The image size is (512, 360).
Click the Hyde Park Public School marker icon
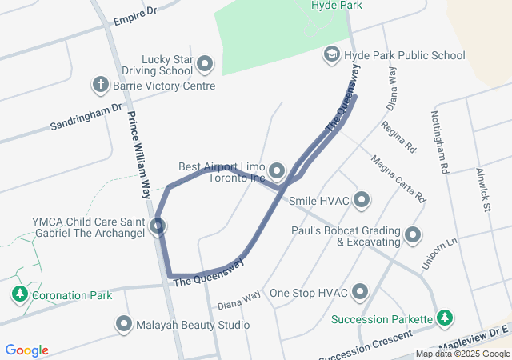click(x=330, y=55)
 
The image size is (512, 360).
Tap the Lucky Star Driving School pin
click(x=205, y=63)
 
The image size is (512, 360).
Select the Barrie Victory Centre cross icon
click(x=101, y=85)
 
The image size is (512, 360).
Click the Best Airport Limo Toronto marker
click(x=278, y=171)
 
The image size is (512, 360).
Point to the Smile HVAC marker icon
click(x=362, y=200)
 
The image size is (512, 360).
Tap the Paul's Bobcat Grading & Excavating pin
click(x=413, y=235)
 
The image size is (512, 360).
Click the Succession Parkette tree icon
click(x=444, y=319)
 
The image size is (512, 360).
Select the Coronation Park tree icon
click(x=19, y=294)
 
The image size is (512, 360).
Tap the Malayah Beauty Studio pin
click(x=124, y=325)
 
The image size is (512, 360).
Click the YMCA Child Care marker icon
click(x=158, y=226)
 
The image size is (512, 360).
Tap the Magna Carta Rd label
click(x=398, y=177)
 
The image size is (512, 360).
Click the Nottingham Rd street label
click(x=442, y=142)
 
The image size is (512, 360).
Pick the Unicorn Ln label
click(x=439, y=253)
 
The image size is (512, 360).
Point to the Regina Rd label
click(x=400, y=137)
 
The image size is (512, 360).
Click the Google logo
click(x=26, y=350)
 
